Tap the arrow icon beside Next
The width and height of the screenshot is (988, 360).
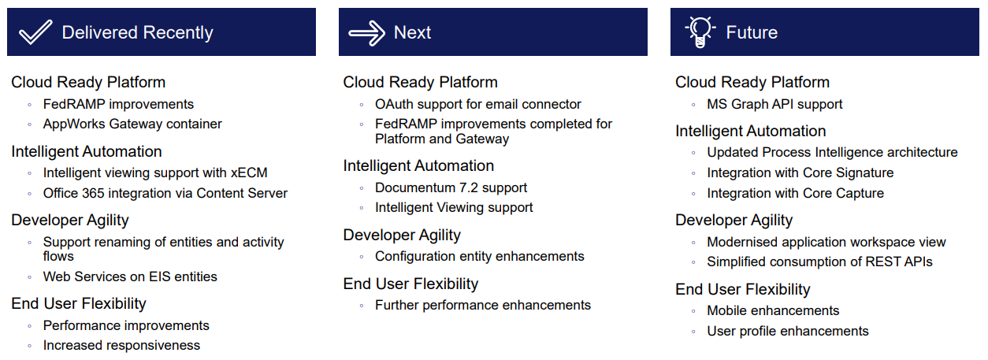[x=366, y=33]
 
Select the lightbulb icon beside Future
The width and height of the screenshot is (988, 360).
[x=700, y=32]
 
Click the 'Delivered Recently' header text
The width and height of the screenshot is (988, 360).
[x=137, y=32]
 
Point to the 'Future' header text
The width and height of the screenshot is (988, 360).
[x=752, y=32]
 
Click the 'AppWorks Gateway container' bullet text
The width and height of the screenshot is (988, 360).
[x=132, y=124]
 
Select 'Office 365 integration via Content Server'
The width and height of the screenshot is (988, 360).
[x=165, y=193]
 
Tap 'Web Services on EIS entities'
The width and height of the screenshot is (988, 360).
[x=130, y=276]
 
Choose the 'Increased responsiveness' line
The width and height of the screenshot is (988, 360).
[x=121, y=346]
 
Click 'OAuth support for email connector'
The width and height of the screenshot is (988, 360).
[x=478, y=105]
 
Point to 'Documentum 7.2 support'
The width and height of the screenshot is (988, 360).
[x=451, y=188]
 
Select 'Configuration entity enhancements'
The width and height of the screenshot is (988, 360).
[x=480, y=257]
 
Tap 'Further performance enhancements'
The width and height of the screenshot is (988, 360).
[x=482, y=306]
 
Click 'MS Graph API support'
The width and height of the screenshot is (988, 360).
[x=774, y=105]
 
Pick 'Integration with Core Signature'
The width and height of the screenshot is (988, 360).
[x=800, y=173]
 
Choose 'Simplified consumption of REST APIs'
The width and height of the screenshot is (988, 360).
[x=819, y=262]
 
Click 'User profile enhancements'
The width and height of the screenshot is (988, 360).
[x=788, y=332]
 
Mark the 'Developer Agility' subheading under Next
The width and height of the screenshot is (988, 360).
[x=402, y=236]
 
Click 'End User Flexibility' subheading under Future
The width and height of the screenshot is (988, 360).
[x=743, y=289]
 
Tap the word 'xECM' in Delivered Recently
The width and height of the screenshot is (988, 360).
[x=249, y=173]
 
